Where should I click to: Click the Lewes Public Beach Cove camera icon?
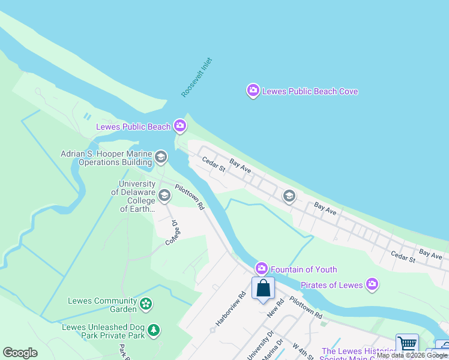click(253, 91)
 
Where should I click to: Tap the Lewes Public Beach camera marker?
click(179, 126)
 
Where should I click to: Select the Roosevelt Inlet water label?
click(197, 78)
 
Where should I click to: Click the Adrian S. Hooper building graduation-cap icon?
click(160, 157)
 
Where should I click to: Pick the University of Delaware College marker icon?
click(164, 196)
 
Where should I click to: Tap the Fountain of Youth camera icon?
click(261, 269)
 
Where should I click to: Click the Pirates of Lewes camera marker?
click(372, 284)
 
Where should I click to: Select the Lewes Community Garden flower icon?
click(145, 305)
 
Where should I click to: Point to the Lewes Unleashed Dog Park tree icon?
click(154, 331)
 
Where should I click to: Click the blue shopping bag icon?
click(263, 289)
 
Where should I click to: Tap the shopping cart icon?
click(408, 344)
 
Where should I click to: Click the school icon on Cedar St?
click(289, 196)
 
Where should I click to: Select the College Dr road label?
click(172, 233)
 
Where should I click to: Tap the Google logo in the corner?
click(20, 353)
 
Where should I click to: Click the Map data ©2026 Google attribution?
click(412, 356)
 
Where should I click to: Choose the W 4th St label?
click(303, 350)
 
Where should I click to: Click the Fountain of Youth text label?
click(304, 269)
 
